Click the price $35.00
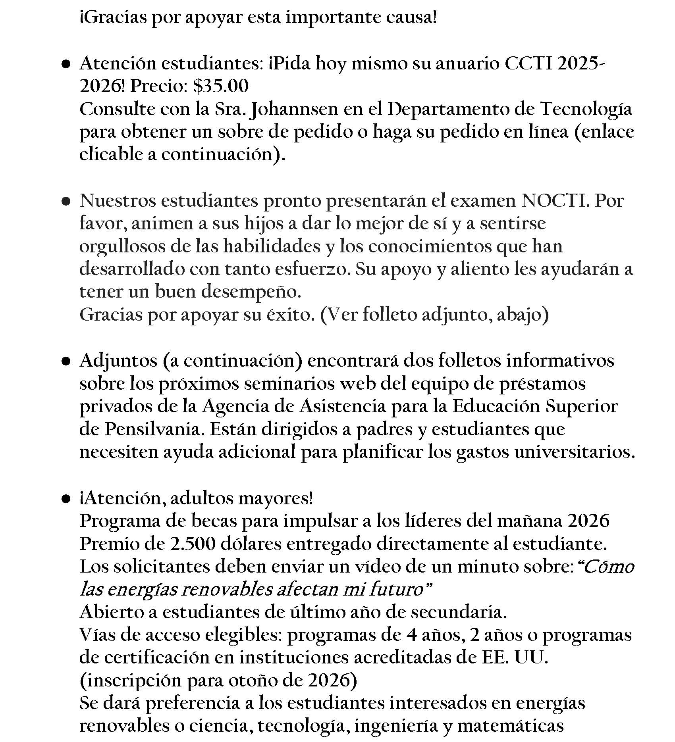pos(221,87)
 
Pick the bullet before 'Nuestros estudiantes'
pos(66,202)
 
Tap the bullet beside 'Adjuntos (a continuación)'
pos(66,361)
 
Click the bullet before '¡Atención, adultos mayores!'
pos(66,499)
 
